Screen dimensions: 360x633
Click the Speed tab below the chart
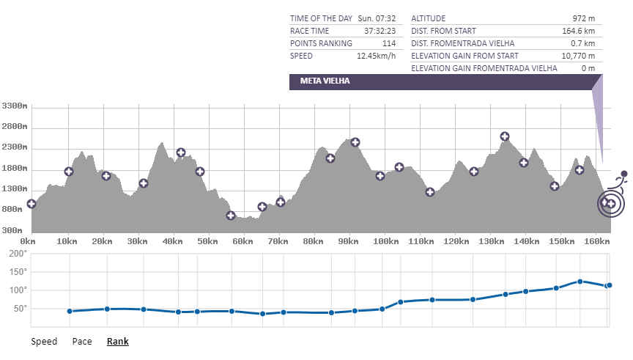tap(44, 341)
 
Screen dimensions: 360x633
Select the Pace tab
tap(82, 341)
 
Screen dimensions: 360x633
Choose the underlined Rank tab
tap(117, 341)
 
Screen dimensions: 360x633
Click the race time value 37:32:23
tap(380, 31)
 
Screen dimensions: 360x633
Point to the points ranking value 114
tap(388, 43)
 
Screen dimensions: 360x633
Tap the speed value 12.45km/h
tap(376, 56)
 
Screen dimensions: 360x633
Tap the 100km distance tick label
tap(385, 240)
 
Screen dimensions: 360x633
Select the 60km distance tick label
tap(243, 240)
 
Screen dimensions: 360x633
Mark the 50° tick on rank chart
tap(18, 308)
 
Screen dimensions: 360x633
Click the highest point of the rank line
tap(580, 282)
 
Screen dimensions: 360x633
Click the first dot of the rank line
tap(70, 311)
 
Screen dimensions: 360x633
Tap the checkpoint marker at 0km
tap(32, 204)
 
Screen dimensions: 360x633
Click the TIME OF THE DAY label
tap(322, 18)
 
